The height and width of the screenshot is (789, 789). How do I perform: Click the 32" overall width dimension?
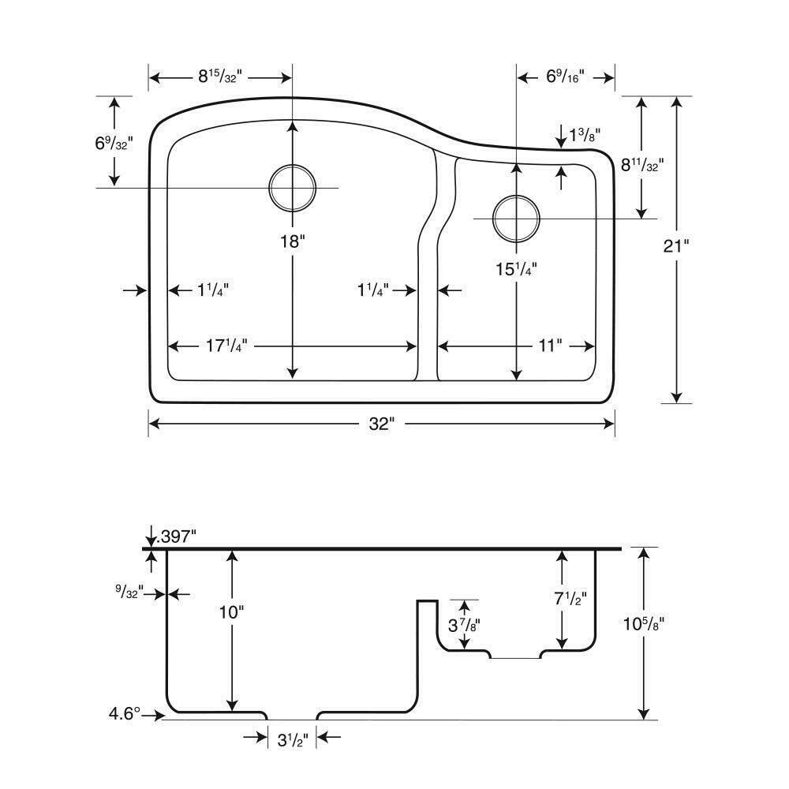point(381,424)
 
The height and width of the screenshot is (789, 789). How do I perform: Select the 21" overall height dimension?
point(676,245)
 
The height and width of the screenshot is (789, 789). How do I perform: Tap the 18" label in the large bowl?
point(292,241)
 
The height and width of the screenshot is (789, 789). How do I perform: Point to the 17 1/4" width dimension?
point(227,346)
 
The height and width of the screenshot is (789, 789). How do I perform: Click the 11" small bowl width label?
point(549,346)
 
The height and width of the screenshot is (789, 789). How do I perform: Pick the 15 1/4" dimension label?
point(516,268)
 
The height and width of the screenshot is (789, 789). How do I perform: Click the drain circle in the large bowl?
point(292,189)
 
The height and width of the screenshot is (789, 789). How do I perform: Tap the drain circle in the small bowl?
point(516,218)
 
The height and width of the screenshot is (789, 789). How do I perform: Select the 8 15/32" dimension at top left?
point(219,77)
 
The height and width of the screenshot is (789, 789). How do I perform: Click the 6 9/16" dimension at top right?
point(565,77)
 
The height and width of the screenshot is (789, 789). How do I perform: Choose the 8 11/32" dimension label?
point(643,165)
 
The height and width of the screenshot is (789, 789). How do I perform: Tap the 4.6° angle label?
point(125,714)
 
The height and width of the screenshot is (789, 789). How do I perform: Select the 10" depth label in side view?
point(231,611)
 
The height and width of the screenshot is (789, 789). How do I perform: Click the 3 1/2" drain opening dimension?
point(291,740)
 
